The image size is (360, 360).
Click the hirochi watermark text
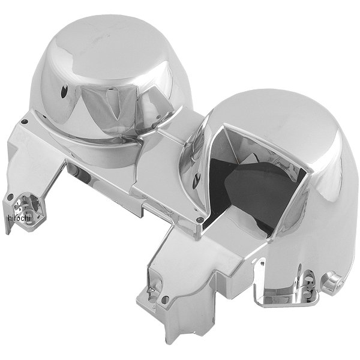tap(19, 218)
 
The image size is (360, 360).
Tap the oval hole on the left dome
tap(64, 92)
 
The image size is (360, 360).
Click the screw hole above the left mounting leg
tap(24, 122)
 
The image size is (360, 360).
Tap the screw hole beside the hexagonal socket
tap(10, 197)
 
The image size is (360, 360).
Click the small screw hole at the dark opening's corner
tap(199, 220)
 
